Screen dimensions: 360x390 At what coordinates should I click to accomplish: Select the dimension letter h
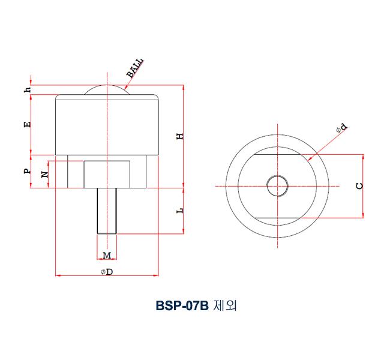[27, 89]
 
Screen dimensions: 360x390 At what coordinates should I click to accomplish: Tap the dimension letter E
[27, 125]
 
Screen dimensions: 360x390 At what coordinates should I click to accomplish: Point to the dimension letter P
[27, 171]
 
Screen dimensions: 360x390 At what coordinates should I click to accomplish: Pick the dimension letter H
[179, 137]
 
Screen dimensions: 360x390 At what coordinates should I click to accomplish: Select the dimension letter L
[179, 210]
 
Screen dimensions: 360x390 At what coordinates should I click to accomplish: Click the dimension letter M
[106, 256]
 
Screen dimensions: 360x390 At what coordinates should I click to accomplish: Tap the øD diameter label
[107, 272]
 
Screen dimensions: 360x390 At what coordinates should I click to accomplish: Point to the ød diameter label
[341, 127]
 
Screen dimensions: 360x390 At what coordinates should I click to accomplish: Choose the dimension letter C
[359, 185]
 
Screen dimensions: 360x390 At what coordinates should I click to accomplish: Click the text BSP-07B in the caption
[181, 306]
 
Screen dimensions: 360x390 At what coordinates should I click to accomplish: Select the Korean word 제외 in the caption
[224, 306]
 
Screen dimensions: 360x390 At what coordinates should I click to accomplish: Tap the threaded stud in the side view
[106, 210]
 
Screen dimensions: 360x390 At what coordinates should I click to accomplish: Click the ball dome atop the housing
[106, 89]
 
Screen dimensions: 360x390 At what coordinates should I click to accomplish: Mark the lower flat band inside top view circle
[277, 213]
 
